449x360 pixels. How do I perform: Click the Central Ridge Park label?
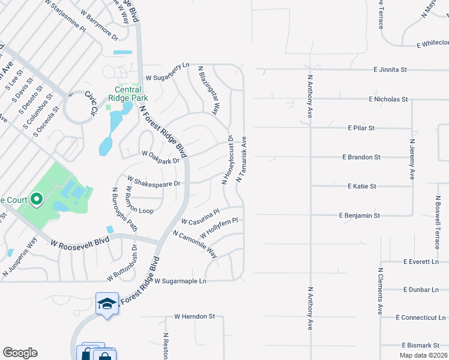click(127, 94)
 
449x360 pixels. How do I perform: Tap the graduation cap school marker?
click(106, 304)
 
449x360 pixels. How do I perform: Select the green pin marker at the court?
click(36, 199)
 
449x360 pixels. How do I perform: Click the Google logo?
click(20, 353)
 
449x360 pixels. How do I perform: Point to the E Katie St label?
click(361, 187)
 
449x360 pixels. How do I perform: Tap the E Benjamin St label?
click(359, 215)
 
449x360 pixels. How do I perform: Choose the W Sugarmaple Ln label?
click(180, 281)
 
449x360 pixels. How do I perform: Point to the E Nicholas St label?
click(388, 99)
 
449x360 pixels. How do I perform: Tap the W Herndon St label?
click(194, 316)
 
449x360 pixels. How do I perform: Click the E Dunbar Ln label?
click(421, 290)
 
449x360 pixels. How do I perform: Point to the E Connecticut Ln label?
click(421, 317)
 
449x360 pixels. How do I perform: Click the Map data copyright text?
click(424, 355)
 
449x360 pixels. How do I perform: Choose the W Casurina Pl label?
click(200, 217)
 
